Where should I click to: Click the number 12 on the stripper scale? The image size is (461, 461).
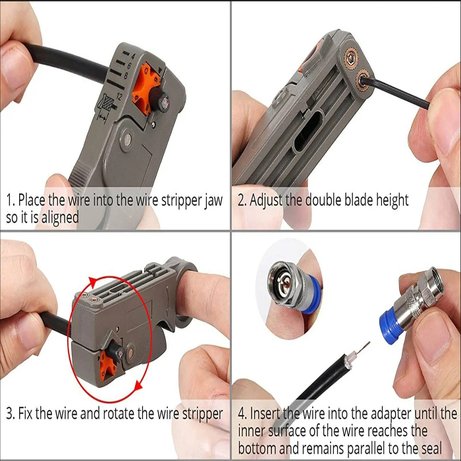point(119,96)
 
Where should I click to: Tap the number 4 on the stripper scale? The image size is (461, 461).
point(133,55)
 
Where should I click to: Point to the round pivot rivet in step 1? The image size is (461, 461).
point(128,140)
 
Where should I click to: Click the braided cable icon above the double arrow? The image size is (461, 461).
point(107,103)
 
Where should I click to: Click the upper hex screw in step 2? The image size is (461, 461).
point(351,60)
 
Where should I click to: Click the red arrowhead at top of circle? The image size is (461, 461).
point(94,283)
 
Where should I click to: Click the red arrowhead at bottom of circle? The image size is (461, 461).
point(138,385)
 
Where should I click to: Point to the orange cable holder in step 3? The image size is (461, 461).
point(108,362)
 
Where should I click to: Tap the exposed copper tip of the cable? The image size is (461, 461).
point(363,348)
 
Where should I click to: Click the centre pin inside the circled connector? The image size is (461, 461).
point(283,283)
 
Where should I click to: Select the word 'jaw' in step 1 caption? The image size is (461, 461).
point(213,200)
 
